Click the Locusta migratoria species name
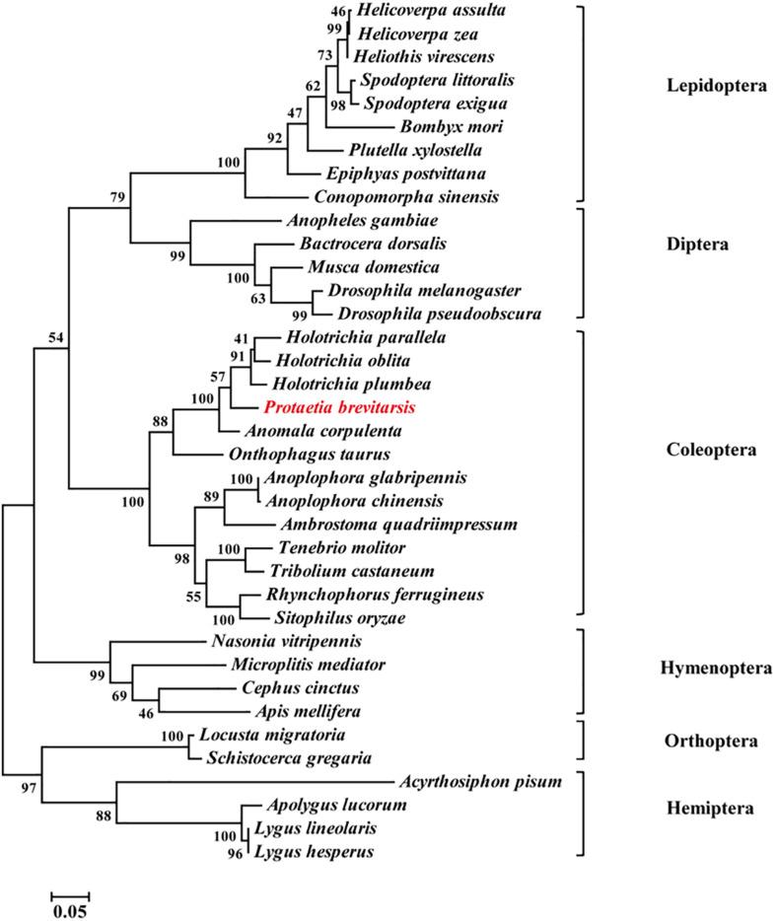click(x=274, y=736)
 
